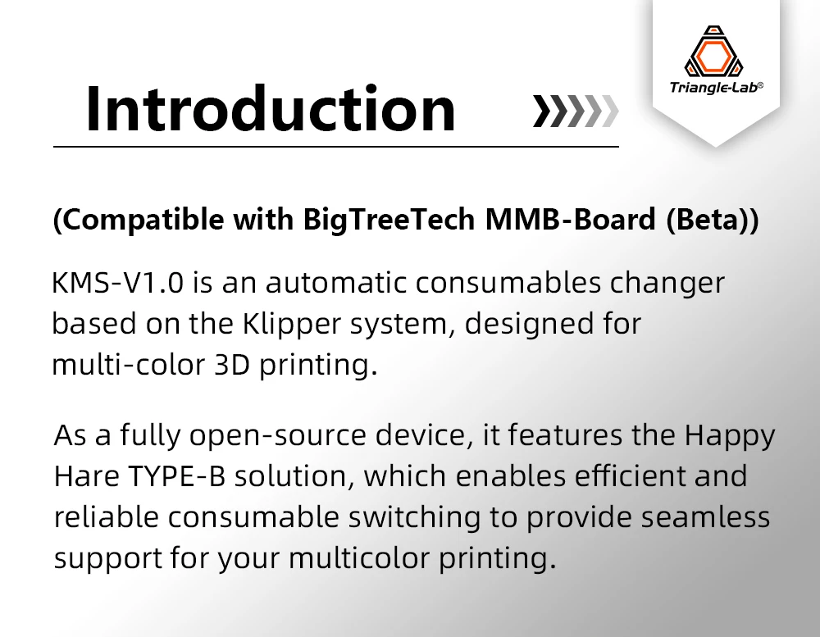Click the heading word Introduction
point(270,107)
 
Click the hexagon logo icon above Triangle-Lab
point(714,52)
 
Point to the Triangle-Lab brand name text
point(714,86)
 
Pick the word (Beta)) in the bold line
point(713,221)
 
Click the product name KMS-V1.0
point(120,283)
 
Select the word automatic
point(337,283)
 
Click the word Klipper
point(285,324)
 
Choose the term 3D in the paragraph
point(231,364)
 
